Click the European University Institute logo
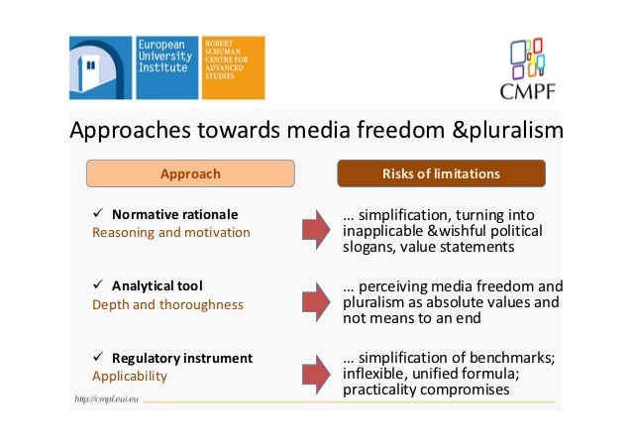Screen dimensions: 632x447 [135, 67]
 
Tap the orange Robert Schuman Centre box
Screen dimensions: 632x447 [233, 67]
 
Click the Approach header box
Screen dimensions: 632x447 [190, 173]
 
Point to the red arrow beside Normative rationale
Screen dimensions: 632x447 [314, 230]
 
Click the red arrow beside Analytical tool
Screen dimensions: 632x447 [314, 301]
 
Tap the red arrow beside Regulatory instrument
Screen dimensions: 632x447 [314, 373]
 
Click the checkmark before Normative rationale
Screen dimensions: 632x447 [97, 214]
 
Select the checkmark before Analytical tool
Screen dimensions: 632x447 [97, 285]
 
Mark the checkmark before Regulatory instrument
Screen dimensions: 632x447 [97, 357]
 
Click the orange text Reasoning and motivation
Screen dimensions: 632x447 [170, 233]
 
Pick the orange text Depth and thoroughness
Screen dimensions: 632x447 [167, 304]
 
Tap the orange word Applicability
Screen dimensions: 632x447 [130, 377]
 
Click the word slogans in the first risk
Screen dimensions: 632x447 [369, 247]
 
